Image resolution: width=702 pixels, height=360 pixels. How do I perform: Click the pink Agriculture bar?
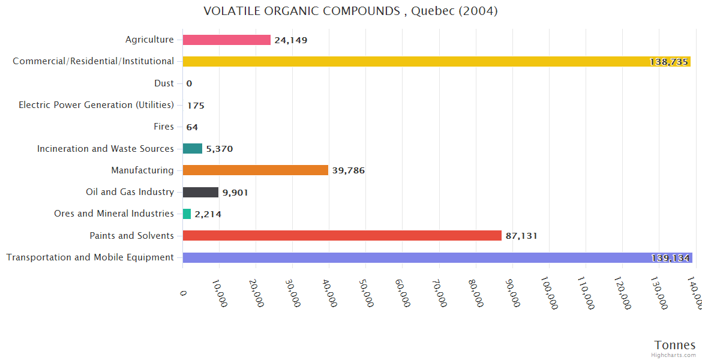(x=226, y=40)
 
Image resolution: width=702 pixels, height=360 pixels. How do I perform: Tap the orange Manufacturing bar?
(x=255, y=170)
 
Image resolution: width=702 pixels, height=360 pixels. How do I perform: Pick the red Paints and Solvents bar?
(x=341, y=235)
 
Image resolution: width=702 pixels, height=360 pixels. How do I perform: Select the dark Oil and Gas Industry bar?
(x=200, y=192)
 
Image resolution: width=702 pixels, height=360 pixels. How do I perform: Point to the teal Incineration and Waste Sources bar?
(x=192, y=148)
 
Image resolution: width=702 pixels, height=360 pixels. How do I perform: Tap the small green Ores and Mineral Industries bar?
(x=187, y=214)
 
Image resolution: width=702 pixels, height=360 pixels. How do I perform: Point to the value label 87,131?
(x=521, y=236)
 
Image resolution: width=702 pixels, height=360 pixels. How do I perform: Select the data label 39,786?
(x=348, y=170)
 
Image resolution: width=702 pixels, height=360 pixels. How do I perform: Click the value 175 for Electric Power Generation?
(x=196, y=106)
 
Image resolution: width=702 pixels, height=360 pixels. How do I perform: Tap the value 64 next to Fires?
(x=192, y=127)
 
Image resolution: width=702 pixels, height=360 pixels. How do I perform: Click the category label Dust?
(x=164, y=83)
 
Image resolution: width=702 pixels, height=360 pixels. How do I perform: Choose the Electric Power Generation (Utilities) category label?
(x=96, y=105)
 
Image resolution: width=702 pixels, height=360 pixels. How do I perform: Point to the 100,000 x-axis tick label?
(x=549, y=293)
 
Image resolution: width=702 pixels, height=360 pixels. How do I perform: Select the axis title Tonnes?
(x=674, y=345)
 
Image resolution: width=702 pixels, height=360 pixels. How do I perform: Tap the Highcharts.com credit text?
(x=673, y=355)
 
